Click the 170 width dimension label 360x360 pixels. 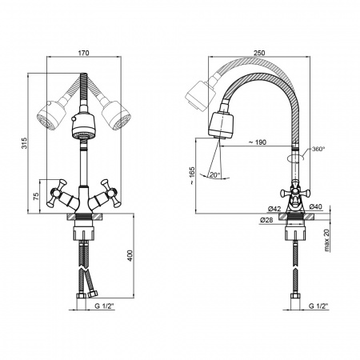tap(83, 53)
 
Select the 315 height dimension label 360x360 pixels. tap(24, 143)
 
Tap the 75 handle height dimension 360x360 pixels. tap(36, 196)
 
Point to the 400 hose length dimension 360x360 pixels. tap(130, 255)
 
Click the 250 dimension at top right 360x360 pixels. tap(259, 53)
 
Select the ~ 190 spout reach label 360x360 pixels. tap(258, 142)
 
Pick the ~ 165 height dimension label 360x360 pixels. tap(192, 176)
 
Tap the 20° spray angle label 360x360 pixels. tap(214, 175)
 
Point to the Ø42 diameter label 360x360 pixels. tap(274, 209)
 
